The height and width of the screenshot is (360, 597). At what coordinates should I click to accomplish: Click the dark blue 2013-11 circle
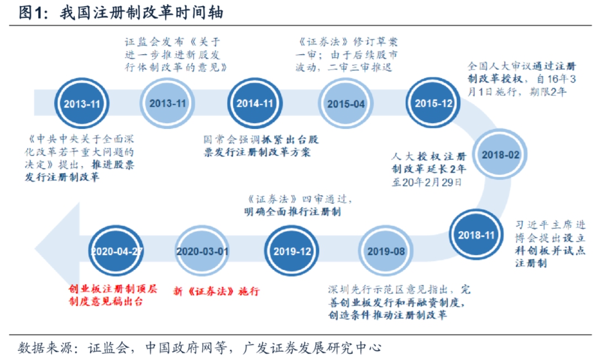pos(82,103)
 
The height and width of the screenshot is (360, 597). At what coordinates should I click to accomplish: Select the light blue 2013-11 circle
pos(167,103)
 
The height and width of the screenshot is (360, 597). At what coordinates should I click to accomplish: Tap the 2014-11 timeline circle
pos(255,103)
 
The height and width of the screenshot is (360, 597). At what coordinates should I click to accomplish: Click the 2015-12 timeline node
pos(433,103)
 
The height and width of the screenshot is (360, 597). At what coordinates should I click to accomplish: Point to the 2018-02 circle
pos(501,155)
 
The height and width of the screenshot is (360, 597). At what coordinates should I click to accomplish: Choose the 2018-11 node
pos(476,234)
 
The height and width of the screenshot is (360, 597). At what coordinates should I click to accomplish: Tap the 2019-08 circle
pos(385,251)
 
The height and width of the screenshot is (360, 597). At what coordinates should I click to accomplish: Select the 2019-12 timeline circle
pos(291,251)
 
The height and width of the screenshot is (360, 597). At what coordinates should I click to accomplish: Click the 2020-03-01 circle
pos(202,251)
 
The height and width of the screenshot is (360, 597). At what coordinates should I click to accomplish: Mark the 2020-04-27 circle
pos(117,251)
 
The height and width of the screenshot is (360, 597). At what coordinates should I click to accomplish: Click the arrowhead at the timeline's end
pos(53,250)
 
